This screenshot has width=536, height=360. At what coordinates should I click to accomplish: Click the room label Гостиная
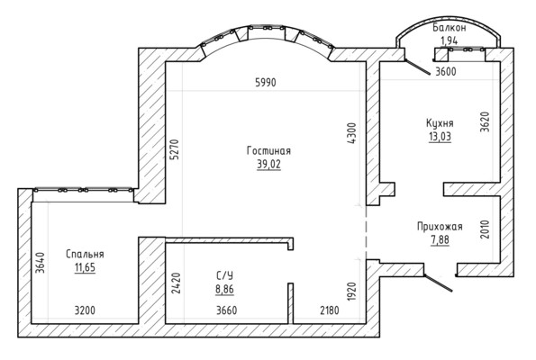[268, 150]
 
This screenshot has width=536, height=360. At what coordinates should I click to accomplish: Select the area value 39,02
[268, 165]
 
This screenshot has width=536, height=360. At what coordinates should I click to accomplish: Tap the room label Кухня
[440, 123]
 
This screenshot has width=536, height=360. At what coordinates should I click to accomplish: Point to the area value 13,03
[440, 136]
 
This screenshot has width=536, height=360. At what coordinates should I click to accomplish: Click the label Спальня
[85, 254]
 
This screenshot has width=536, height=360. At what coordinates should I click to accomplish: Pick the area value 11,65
[85, 267]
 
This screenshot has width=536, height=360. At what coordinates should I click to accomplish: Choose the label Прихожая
[440, 227]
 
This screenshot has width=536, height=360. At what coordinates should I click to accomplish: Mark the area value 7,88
[440, 239]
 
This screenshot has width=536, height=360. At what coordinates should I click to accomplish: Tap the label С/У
[224, 275]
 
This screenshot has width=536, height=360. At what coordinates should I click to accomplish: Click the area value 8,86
[224, 289]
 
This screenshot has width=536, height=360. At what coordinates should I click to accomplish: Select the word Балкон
[450, 28]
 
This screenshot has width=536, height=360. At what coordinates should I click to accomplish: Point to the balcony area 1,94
[450, 40]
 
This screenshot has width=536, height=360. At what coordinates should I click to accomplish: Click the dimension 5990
[266, 82]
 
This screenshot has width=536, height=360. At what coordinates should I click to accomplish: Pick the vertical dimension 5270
[175, 149]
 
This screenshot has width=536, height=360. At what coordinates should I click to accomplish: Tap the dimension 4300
[351, 133]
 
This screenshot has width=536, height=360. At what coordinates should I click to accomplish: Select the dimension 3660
[227, 310]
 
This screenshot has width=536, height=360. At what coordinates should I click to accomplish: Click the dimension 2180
[330, 310]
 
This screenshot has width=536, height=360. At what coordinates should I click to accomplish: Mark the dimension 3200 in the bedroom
[85, 310]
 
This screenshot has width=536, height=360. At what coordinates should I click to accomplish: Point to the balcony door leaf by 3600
[418, 67]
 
